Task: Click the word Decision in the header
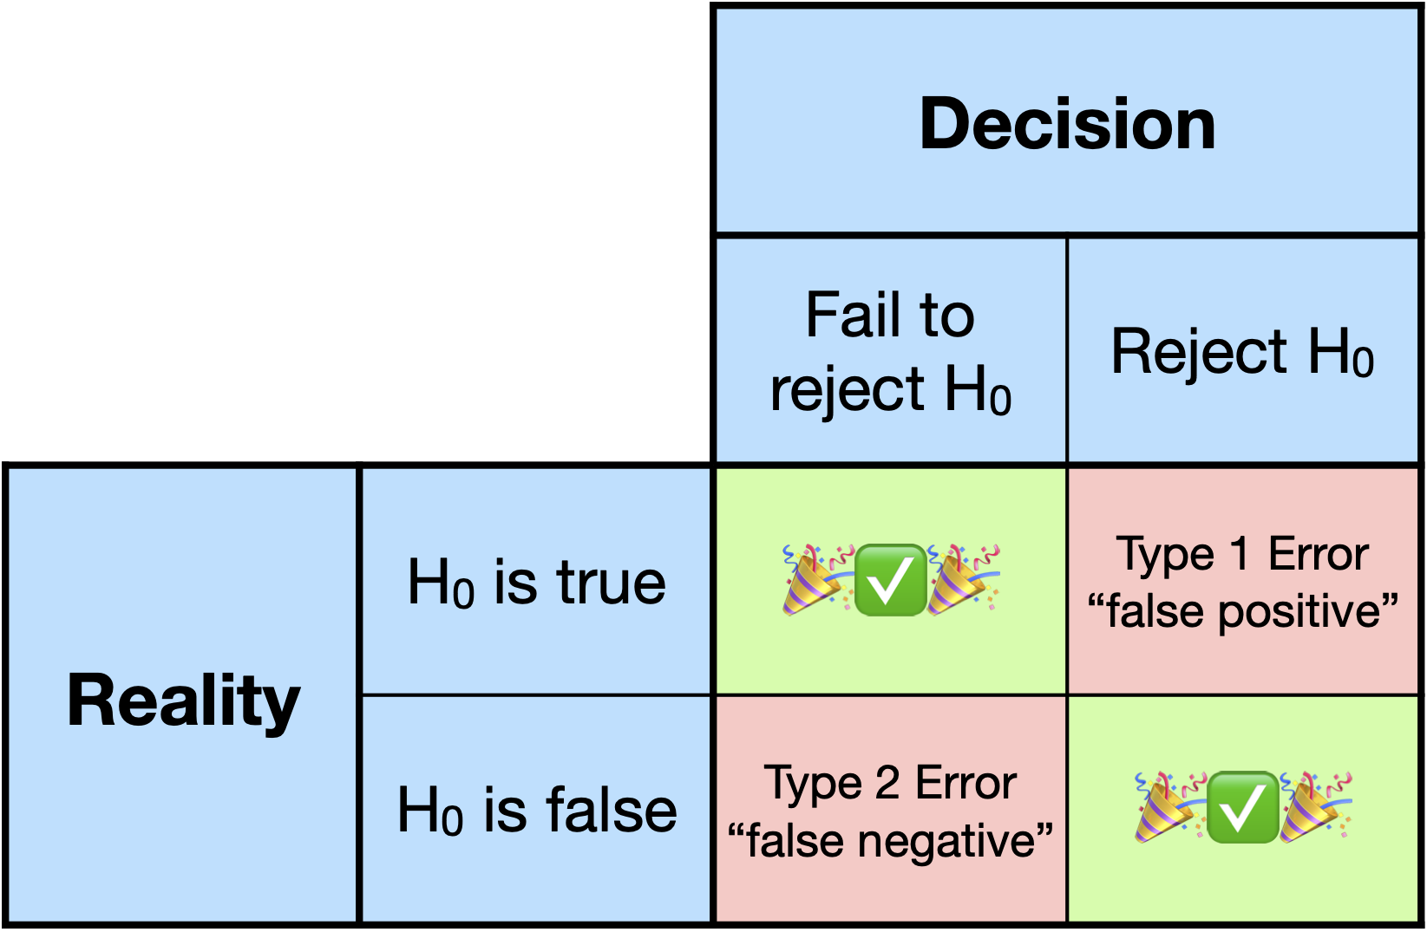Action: tap(1067, 124)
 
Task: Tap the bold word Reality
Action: tap(184, 701)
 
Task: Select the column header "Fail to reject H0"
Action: tap(890, 351)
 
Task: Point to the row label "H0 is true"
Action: tap(536, 582)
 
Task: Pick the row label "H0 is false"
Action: tap(536, 811)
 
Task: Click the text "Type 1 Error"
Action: tap(1242, 554)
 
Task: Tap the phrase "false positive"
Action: tap(1242, 611)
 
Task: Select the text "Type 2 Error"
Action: tap(890, 783)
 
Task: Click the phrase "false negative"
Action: tap(890, 841)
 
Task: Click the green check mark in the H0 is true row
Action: tap(890, 580)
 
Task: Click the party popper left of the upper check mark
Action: tap(815, 579)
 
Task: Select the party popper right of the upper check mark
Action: tap(961, 579)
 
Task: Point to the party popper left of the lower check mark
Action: tap(1168, 807)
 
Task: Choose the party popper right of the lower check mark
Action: tap(1313, 807)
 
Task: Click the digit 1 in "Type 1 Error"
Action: tap(1240, 554)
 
